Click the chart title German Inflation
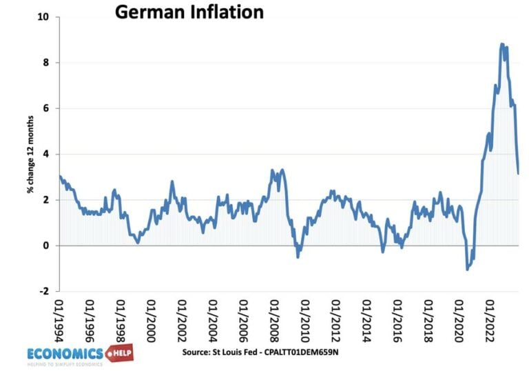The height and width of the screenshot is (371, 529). tap(189, 12)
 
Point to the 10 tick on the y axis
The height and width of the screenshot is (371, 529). tap(44, 17)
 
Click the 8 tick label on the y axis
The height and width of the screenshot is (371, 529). tap(46, 63)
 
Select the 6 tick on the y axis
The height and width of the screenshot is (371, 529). tap(46, 108)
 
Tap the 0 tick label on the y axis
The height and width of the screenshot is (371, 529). tap(46, 245)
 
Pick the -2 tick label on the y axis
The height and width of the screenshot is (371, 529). tap(44, 291)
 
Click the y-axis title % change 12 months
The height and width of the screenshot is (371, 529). tap(31, 153)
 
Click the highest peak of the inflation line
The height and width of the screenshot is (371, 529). tap(501, 44)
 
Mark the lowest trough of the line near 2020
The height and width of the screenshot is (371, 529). tap(467, 269)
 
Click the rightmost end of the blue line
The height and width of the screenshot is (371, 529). tap(518, 173)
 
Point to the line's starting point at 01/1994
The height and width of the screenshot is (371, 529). tap(60, 176)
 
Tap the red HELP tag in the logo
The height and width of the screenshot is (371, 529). tap(118, 353)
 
